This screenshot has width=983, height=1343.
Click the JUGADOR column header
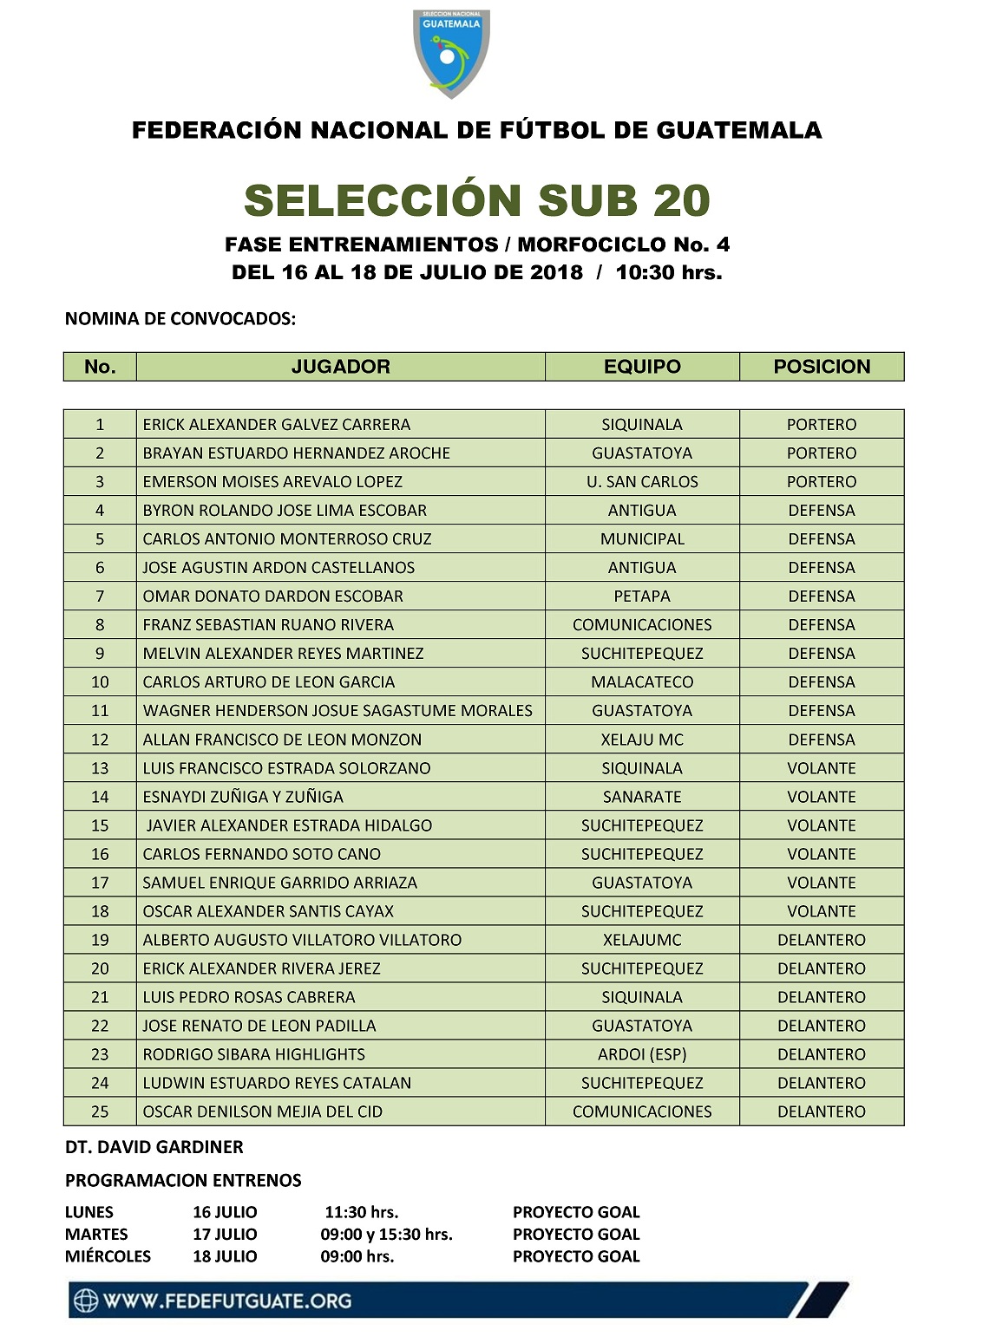pos(340,367)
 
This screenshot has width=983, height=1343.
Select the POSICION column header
pos(822,367)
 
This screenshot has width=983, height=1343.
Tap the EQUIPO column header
pos(642,367)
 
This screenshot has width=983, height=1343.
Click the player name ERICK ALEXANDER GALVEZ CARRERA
pos(277,425)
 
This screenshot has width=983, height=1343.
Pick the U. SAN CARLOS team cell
pos(642,482)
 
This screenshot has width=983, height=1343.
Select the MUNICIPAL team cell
pos(642,539)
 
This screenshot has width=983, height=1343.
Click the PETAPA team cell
pos(642,597)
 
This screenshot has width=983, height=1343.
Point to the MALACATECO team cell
pos(642,682)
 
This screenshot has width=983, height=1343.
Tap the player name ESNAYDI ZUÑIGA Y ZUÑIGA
pos(243,797)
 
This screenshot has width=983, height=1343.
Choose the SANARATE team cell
pos(642,797)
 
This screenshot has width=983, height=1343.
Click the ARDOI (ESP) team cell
pos(642,1054)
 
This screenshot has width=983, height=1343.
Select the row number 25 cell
pos(100,1112)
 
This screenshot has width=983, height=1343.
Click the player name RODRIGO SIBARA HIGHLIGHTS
pos(253,1054)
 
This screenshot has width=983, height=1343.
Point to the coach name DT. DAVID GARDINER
pos(154,1147)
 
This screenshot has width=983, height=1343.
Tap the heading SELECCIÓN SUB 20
pos(477,200)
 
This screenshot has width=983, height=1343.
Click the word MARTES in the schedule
pos(96,1235)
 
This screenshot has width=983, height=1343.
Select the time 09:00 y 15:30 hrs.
pos(386,1235)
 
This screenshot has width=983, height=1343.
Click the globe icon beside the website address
pos(85,1301)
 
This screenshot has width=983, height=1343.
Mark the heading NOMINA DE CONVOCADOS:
pos(180,319)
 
